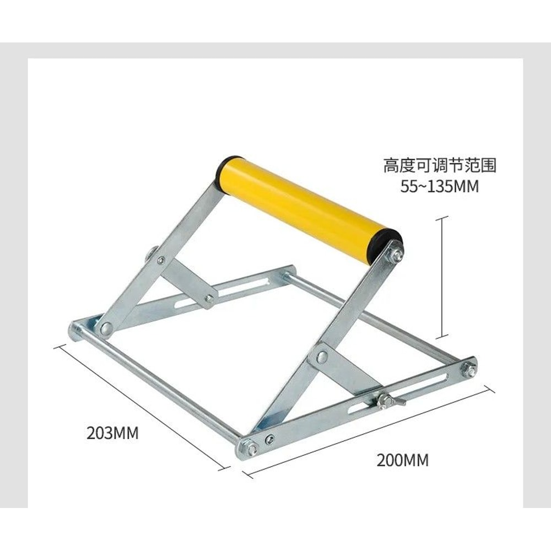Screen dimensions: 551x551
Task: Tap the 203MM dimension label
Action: coord(112,433)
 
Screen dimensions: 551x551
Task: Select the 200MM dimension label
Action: coord(402,460)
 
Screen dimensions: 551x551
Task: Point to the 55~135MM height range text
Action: coord(440,187)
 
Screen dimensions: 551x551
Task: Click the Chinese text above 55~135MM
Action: coord(440,165)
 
